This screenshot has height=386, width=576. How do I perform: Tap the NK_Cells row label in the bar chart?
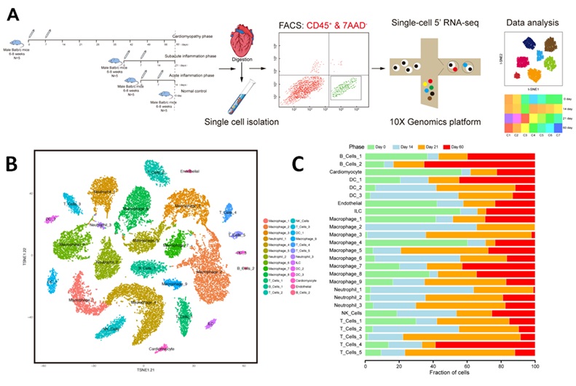coord(346,313)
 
